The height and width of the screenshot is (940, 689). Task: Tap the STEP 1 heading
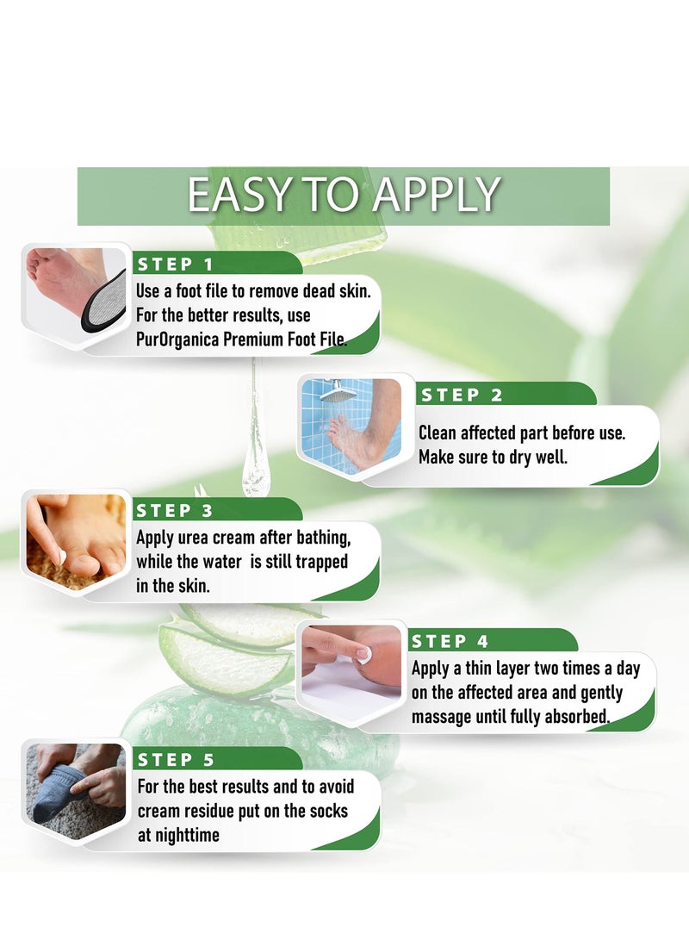click(x=176, y=265)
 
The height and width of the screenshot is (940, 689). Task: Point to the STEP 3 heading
click(x=175, y=510)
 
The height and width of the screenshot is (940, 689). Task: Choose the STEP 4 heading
click(x=450, y=641)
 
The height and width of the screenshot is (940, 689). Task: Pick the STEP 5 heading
click(x=177, y=759)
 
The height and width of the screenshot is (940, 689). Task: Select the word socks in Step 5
click(x=332, y=811)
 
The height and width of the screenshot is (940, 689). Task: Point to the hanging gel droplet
click(x=255, y=470)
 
